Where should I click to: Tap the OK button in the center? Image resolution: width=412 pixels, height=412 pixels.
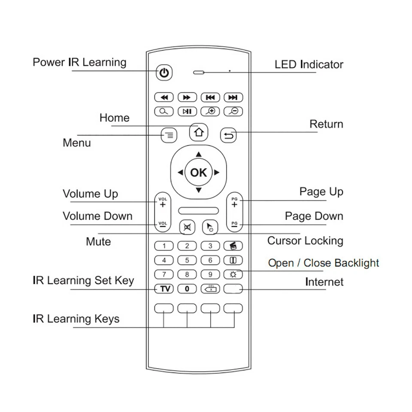[198, 173]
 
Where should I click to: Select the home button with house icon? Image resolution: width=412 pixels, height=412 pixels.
[198, 133]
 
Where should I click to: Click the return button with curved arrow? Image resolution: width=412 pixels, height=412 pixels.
[229, 136]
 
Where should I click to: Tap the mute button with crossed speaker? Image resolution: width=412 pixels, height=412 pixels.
[187, 227]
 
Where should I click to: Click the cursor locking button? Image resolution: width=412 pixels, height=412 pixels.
[210, 227]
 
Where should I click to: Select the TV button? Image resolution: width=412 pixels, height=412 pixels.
[164, 289]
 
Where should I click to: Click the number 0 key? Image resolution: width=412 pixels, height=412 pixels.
[187, 289]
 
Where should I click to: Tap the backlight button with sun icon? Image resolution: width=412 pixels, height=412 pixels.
[233, 274]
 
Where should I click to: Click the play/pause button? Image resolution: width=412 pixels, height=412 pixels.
[187, 112]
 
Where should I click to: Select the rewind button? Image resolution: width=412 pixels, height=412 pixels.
[164, 97]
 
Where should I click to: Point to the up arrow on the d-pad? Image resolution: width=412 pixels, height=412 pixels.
[198, 154]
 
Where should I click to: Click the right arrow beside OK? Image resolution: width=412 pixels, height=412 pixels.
[217, 173]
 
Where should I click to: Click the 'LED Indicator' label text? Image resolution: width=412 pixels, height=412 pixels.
[309, 65]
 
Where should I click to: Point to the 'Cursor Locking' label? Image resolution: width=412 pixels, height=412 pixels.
[305, 241]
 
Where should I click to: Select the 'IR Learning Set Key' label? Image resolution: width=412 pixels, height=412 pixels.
[83, 281]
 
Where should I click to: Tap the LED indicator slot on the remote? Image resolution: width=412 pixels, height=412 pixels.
[198, 73]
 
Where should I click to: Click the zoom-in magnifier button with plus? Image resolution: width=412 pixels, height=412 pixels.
[210, 112]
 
